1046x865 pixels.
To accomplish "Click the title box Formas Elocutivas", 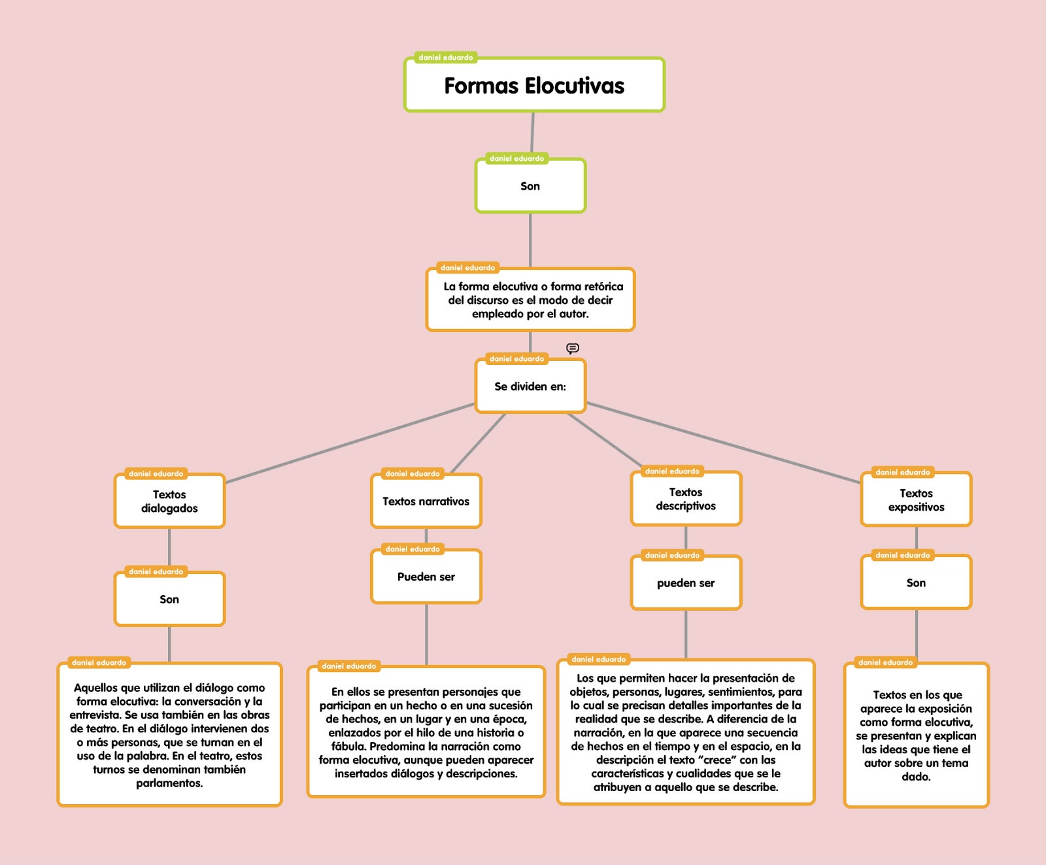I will (x=534, y=86).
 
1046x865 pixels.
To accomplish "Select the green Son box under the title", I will (x=530, y=186).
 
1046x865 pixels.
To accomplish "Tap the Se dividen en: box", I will (x=530, y=386).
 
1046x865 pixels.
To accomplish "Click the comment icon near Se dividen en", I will (x=573, y=348).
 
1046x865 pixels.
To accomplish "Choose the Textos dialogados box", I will (x=169, y=501).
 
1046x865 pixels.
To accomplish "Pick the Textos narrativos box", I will (x=426, y=501).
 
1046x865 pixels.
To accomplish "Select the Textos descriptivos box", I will (x=686, y=499).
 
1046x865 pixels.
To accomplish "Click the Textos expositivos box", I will (x=916, y=500).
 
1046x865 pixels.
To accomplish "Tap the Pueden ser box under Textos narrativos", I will (x=426, y=577).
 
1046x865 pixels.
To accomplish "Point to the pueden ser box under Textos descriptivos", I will (x=686, y=583).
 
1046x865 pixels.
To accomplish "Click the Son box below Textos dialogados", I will (x=169, y=600).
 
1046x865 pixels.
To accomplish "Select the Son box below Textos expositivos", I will (x=916, y=583).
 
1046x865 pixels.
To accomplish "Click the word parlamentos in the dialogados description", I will (x=169, y=783).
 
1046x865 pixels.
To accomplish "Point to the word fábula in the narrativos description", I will (x=348, y=747).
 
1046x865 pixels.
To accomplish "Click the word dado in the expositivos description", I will (x=915, y=777).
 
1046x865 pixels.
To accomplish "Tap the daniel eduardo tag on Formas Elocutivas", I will (x=445, y=58).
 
